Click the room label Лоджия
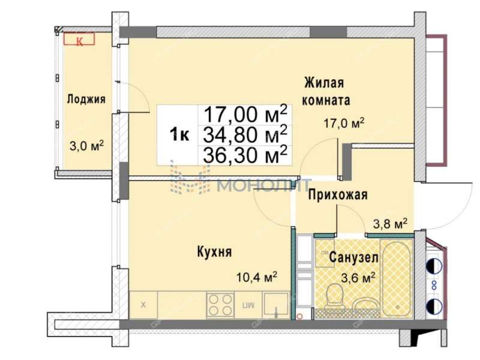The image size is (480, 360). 86,100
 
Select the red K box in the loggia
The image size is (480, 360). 80,40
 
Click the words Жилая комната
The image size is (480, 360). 326,91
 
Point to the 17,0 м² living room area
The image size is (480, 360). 344,124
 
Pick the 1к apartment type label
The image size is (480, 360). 179,135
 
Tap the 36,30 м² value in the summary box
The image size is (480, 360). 245,155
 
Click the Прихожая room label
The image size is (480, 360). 338,194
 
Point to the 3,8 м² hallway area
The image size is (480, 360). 391,223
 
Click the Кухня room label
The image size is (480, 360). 214,252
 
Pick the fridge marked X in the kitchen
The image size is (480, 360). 143,305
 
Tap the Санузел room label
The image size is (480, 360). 354,258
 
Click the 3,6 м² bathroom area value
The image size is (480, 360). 358,277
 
